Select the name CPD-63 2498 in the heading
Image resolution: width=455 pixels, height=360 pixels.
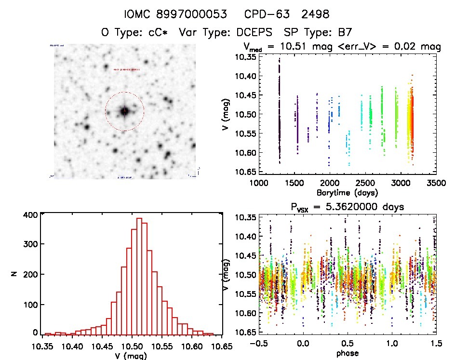coord(294,14)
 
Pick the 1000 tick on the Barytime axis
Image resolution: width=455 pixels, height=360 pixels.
coord(259,183)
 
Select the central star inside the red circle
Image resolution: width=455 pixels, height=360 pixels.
coord(124,111)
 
